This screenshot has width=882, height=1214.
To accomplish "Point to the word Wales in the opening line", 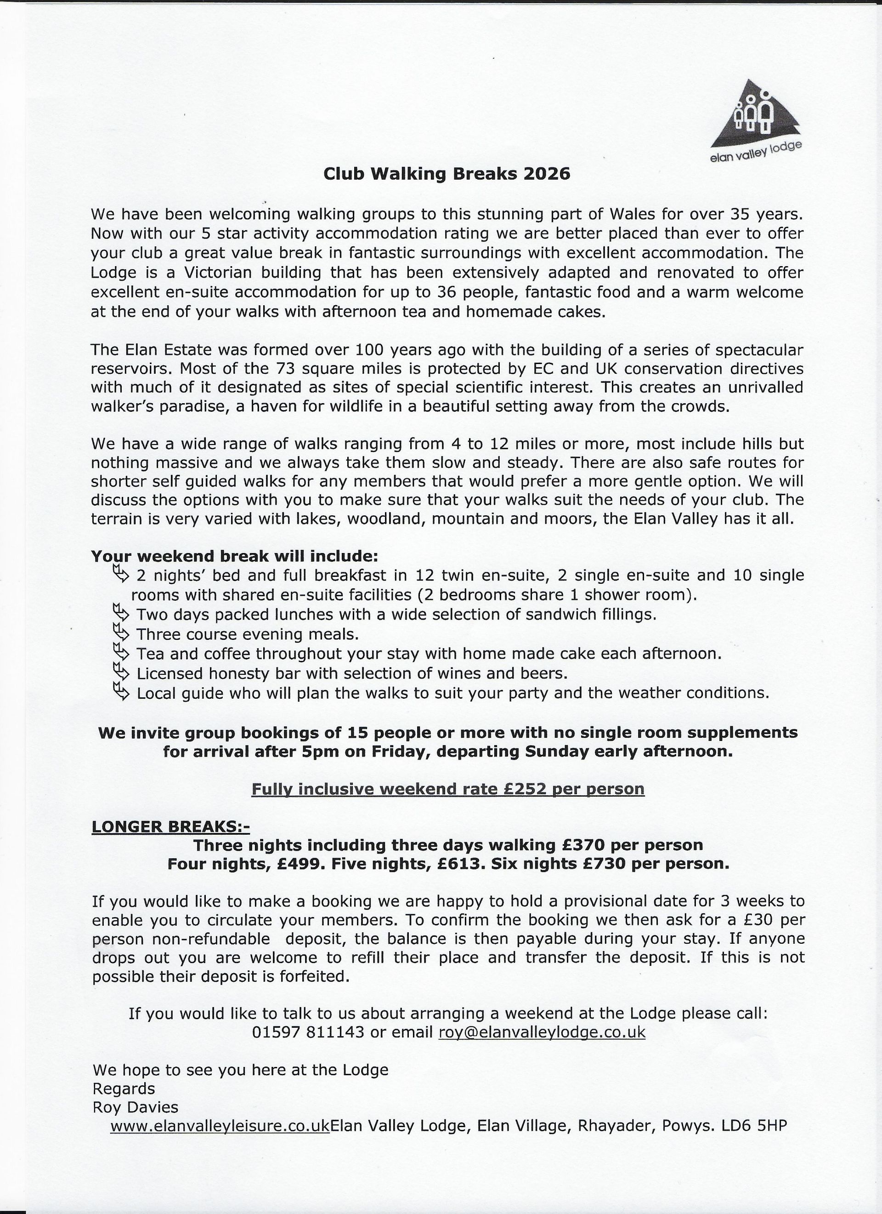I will (x=631, y=214).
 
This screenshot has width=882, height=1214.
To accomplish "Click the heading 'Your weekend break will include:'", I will (x=234, y=556).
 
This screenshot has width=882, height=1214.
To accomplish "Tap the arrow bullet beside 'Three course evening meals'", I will (x=121, y=634).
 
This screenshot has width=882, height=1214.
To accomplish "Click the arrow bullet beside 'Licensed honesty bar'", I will (x=121, y=673).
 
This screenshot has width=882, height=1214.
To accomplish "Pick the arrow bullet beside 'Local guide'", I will (x=121, y=693).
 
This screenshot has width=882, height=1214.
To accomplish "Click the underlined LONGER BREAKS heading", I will (x=170, y=827).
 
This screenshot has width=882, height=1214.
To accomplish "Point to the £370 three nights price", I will (x=583, y=846).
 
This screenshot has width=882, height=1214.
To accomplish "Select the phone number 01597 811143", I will (x=308, y=1032).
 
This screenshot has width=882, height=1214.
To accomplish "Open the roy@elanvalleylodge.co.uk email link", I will (x=542, y=1032).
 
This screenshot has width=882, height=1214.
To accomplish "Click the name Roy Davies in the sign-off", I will (x=136, y=1107).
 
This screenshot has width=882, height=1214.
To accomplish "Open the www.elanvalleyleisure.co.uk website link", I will (x=220, y=1126).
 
